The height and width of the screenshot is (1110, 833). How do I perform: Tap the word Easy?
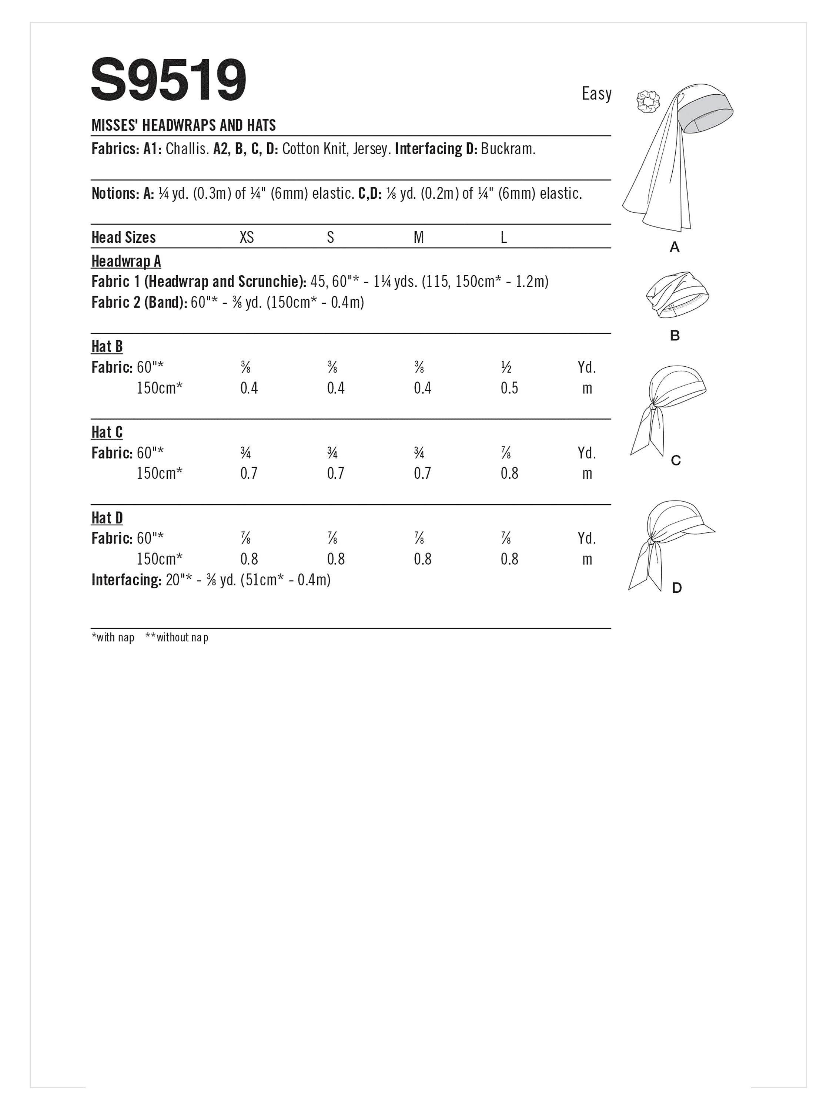596,94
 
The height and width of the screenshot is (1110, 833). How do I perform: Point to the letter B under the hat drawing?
674,336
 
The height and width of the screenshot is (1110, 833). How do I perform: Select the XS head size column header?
247,238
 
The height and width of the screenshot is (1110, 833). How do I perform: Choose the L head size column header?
503,238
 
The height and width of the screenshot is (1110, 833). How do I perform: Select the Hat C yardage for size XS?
245,454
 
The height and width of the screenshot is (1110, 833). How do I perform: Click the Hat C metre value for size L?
509,474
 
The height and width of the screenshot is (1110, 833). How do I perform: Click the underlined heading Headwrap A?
126,262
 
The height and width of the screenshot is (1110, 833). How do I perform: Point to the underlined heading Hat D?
107,518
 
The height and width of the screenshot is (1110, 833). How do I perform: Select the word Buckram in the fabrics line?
507,149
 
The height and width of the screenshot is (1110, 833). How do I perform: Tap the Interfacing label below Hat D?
126,580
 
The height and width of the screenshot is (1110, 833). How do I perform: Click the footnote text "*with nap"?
113,637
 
